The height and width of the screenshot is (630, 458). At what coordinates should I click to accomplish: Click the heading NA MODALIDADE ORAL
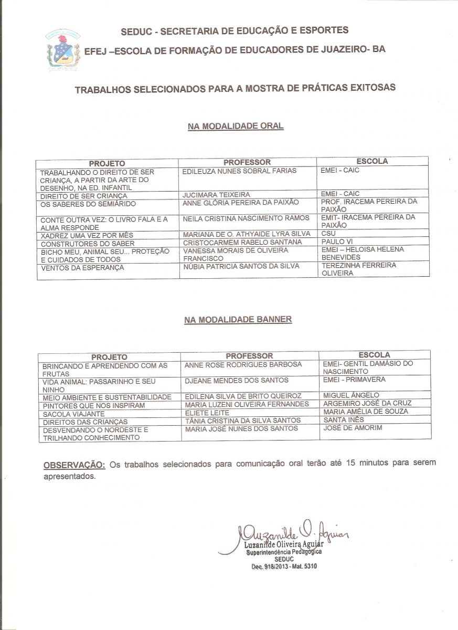point(236,126)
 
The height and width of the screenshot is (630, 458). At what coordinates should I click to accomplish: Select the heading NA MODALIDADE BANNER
point(238,319)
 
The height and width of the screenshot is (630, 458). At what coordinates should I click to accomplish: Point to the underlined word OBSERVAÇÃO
point(74,465)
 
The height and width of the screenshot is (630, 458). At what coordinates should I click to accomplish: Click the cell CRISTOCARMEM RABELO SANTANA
point(242,243)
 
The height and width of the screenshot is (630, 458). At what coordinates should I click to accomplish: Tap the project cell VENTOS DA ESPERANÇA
point(82,268)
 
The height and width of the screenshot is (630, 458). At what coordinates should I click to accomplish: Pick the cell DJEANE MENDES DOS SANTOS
point(237,380)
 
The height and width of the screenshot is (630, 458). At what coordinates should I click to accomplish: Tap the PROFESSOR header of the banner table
point(249,356)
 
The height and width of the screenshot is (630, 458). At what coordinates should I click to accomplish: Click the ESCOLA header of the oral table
point(372,162)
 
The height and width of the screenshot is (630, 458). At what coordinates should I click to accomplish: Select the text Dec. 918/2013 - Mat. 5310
point(284,566)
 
